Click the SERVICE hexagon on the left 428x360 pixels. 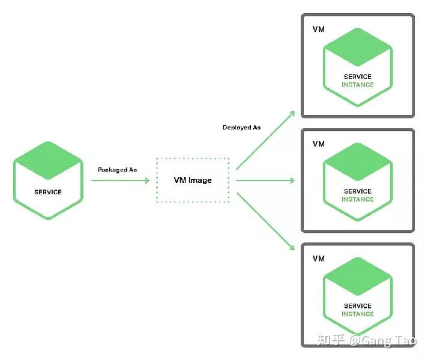[x=48, y=180]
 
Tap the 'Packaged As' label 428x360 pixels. [x=117, y=170]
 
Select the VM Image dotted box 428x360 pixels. [x=192, y=180]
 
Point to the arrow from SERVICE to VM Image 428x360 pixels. [x=120, y=180]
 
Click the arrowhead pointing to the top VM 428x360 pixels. [x=291, y=113]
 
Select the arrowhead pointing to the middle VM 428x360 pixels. [x=292, y=180]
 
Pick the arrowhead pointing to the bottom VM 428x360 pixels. [x=291, y=247]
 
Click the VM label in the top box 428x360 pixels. [x=319, y=29]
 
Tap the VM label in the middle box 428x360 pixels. [x=319, y=144]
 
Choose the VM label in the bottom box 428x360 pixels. [x=319, y=259]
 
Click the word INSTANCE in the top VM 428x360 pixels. [x=358, y=85]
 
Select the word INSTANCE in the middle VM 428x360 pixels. [x=358, y=199]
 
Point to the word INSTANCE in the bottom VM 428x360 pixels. [x=358, y=314]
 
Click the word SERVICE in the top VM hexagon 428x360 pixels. [x=358, y=77]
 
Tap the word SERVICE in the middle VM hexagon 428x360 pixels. [x=358, y=191]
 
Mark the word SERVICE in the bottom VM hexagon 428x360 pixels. [x=358, y=306]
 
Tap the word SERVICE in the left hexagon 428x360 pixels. [x=48, y=192]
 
